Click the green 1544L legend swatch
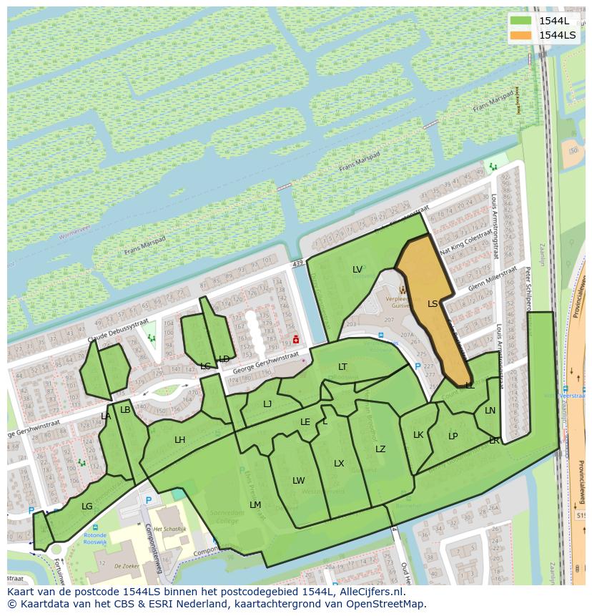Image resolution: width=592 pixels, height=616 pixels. point(522,21)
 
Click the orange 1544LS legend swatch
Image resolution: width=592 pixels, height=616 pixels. point(522,35)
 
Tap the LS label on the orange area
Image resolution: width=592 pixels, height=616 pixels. point(433,304)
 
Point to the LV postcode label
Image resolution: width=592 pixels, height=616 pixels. point(357,270)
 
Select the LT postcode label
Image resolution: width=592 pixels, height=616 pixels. point(343,367)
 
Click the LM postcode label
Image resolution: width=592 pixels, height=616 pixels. point(255,505)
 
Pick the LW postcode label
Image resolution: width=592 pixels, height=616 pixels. point(299,481)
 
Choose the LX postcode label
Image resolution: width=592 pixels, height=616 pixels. point(339,464)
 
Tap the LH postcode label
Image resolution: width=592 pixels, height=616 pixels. point(179,440)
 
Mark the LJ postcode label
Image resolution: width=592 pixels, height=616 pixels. point(267,404)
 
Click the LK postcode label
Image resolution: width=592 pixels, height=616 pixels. point(418,435)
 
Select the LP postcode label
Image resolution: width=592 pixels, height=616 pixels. point(453,436)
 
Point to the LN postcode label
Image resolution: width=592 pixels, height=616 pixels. point(490,411)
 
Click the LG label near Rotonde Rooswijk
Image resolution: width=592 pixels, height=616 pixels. point(87,507)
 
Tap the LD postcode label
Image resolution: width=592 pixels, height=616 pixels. point(225,359)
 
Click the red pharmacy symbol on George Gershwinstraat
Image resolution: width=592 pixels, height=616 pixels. point(296,339)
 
